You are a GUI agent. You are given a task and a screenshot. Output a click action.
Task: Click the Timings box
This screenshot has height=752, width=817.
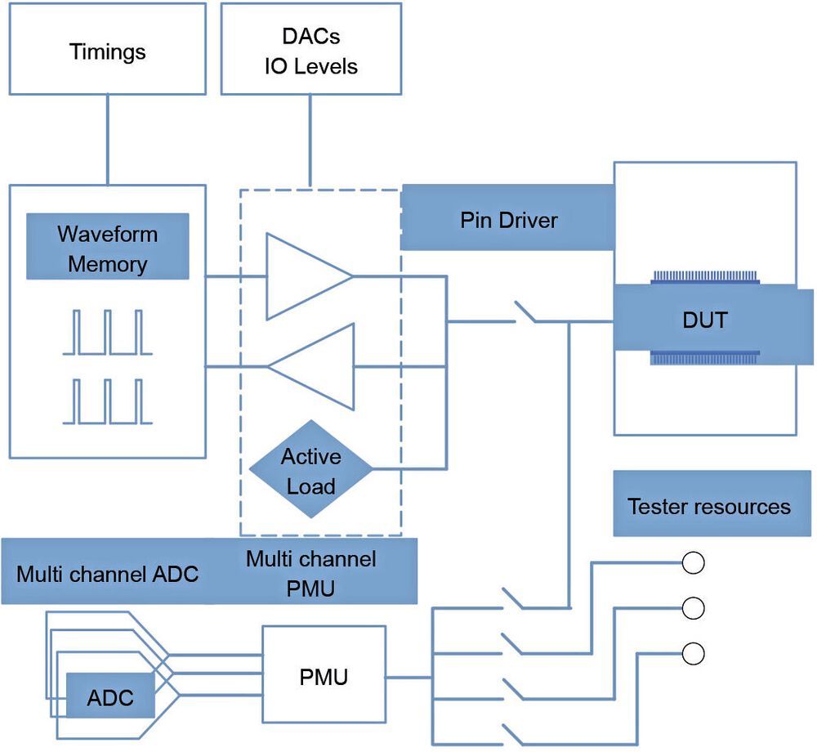click(x=107, y=52)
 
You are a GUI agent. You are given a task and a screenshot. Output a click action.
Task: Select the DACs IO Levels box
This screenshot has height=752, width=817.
click(x=310, y=51)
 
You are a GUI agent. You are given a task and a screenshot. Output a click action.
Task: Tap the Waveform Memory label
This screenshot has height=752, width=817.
click(x=107, y=248)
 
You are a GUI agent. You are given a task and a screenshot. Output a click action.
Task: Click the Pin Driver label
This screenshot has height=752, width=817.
click(x=508, y=220)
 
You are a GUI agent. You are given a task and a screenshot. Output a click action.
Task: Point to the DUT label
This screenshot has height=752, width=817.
click(x=704, y=320)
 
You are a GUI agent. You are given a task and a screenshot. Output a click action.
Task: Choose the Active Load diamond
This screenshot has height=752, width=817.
click(x=310, y=472)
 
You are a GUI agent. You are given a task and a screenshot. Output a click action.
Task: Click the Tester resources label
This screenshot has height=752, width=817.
click(x=708, y=506)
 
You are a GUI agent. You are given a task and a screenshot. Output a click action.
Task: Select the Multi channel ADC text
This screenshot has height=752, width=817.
click(x=107, y=573)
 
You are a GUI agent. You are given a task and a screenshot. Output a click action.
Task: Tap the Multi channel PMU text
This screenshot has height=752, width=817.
click(x=311, y=573)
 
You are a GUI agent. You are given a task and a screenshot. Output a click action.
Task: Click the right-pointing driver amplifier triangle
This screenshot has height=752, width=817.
click(x=302, y=276)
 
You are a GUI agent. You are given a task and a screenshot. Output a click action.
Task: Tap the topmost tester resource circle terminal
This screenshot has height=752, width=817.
click(x=693, y=563)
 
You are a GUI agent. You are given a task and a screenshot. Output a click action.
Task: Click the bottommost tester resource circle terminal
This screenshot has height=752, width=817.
click(x=693, y=654)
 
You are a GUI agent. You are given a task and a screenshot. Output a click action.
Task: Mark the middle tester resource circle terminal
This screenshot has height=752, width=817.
click(x=693, y=608)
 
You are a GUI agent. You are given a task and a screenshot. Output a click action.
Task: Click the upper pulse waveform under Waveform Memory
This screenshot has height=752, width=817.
click(x=107, y=333)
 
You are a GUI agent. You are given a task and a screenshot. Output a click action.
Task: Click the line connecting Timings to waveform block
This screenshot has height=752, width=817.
click(x=107, y=139)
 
